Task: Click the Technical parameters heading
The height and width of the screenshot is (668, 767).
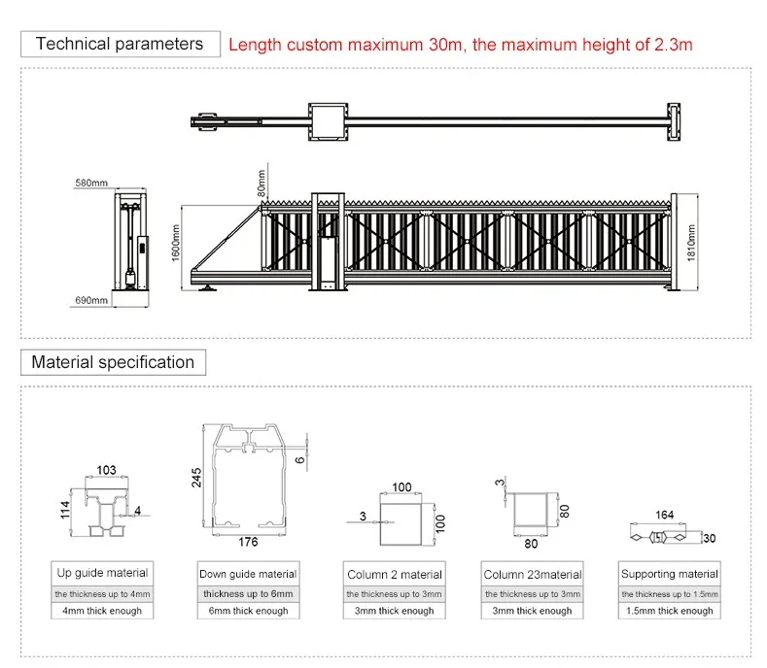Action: point(120,44)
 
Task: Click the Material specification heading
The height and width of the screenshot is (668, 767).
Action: point(113,362)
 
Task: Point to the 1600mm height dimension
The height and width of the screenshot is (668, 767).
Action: point(177,240)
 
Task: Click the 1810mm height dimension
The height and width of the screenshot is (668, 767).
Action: point(692,240)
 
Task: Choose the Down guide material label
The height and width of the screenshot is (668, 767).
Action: point(247,574)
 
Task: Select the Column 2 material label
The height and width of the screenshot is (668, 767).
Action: point(395,575)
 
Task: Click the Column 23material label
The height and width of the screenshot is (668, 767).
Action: point(533,575)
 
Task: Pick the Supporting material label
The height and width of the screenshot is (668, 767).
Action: point(669,574)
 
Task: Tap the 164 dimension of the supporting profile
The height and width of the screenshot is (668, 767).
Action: point(665,515)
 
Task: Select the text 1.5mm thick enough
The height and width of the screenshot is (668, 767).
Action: point(669,611)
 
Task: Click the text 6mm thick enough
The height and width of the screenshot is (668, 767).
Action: point(247,611)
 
